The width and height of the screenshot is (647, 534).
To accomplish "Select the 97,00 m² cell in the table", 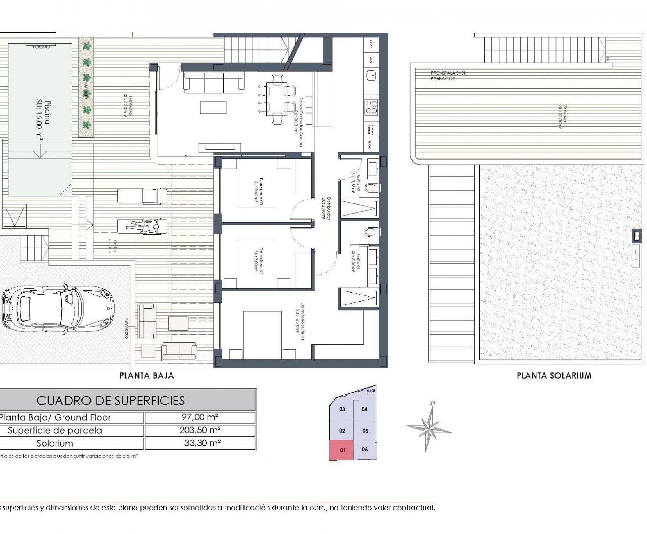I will coord(200,417).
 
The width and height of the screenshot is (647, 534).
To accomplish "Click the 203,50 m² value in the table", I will coord(200,430).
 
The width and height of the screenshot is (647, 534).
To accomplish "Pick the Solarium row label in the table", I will coord(55,443).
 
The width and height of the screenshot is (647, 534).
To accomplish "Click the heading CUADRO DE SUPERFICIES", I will coord(111,400).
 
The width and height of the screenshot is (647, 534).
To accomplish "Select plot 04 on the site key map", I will coord(364,409).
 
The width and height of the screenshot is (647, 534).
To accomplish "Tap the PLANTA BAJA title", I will coord(147,375).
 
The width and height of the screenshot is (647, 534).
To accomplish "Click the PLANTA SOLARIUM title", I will coord(554,375).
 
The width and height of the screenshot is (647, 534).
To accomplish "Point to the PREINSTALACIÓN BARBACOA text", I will coord(449,76).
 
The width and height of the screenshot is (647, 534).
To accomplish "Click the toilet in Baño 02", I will coord(371,187).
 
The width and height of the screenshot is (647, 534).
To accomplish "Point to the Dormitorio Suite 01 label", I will coord(299,321).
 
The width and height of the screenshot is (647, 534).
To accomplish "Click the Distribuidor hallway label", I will coord(326,208).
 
